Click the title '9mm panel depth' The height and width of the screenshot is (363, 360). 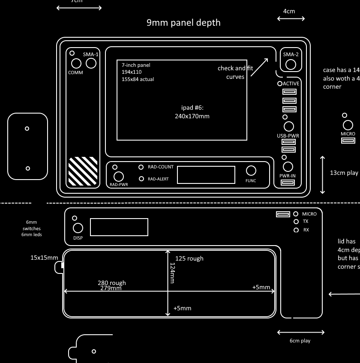coord(183,23)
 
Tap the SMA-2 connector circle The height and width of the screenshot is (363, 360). coord(291,64)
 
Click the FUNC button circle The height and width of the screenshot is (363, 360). coord(251,171)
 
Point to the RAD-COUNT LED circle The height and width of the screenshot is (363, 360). coord(141,167)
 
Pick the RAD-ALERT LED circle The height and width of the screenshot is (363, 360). coord(141,179)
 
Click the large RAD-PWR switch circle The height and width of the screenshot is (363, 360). coord(118,176)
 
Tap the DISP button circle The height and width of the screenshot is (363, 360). coord(78,228)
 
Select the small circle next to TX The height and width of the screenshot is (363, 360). coord(296,222)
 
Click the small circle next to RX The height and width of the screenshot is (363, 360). coord(296,230)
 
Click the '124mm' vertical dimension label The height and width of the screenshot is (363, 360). coord(173,273)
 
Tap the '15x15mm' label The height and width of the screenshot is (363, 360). coord(44,258)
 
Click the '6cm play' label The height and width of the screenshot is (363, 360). coord(300,341)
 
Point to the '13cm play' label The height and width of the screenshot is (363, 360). coord(344,173)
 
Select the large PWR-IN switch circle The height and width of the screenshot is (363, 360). coord(288,166)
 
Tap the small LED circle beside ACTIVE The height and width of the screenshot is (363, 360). coord(280,84)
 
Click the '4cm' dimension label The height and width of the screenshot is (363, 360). coord(289,11)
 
